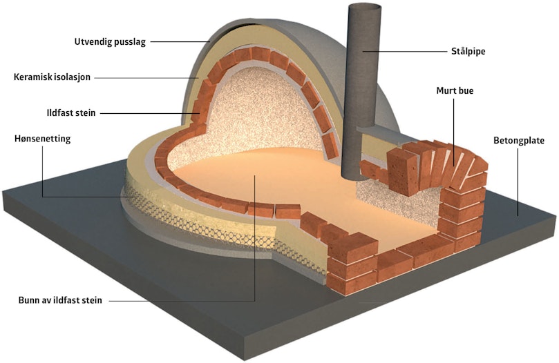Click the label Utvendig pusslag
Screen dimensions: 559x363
pyautogui.click(x=110, y=42)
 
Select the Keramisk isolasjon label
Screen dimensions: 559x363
pyautogui.click(x=52, y=77)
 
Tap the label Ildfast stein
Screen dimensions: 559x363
pyautogui.click(x=71, y=113)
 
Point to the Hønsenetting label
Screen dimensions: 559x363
pyautogui.click(x=42, y=139)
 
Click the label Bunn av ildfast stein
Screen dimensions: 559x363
pyautogui.click(x=60, y=300)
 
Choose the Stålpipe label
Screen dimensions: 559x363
pyautogui.click(x=468, y=51)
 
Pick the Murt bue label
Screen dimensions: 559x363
pyautogui.click(x=455, y=91)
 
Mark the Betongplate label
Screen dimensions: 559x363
pyautogui.click(x=519, y=140)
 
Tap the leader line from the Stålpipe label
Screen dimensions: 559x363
pyautogui.click(x=405, y=51)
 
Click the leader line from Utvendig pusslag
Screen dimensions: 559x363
pyautogui.click(x=180, y=42)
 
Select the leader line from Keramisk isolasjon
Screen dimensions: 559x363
pyautogui.click(x=146, y=78)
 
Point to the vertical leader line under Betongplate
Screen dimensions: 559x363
pyautogui.click(x=518, y=182)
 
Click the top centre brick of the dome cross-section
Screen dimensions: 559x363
pyautogui.click(x=260, y=54)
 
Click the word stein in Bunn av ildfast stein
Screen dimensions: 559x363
pyautogui.click(x=92, y=300)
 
